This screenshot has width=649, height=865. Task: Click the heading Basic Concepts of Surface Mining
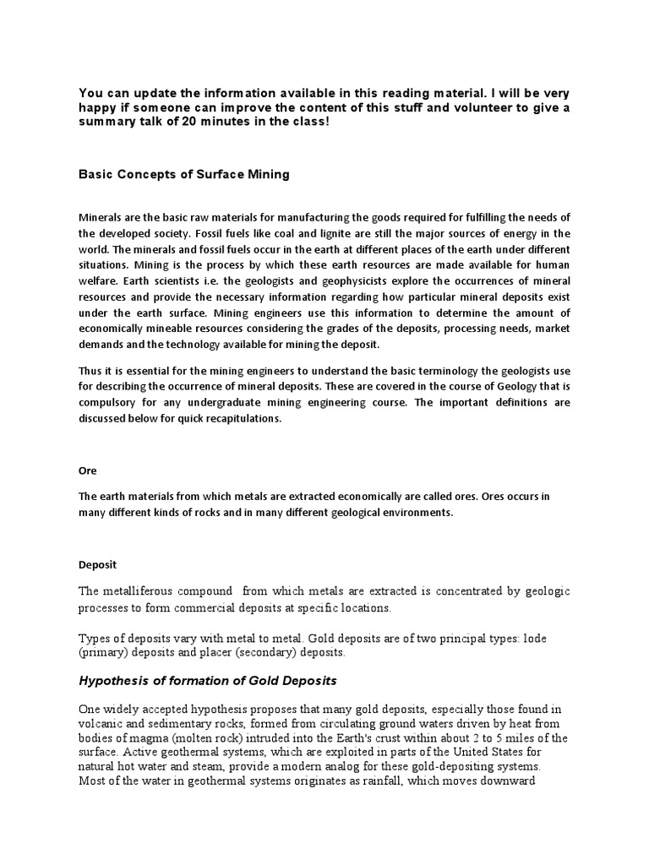(183, 175)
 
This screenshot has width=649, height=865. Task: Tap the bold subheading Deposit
(97, 564)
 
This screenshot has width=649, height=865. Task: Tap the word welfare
(100, 280)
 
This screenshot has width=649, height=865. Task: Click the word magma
(145, 737)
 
